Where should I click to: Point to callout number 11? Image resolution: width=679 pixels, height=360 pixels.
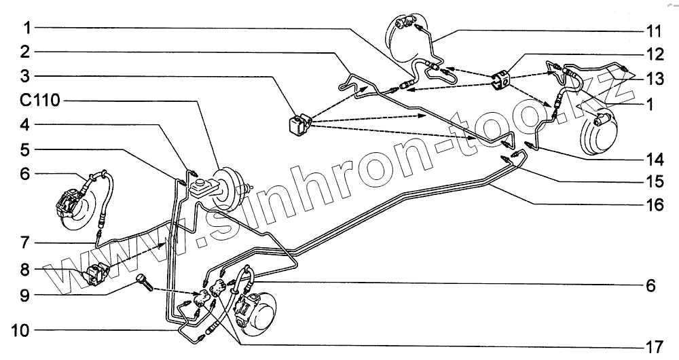click(x=653, y=31)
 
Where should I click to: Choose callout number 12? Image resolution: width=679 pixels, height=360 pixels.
click(x=653, y=53)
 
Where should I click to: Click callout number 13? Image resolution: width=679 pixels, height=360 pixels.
click(x=653, y=79)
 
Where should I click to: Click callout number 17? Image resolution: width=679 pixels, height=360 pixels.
click(x=653, y=347)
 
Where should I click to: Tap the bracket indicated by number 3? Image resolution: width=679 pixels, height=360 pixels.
click(x=297, y=124)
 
